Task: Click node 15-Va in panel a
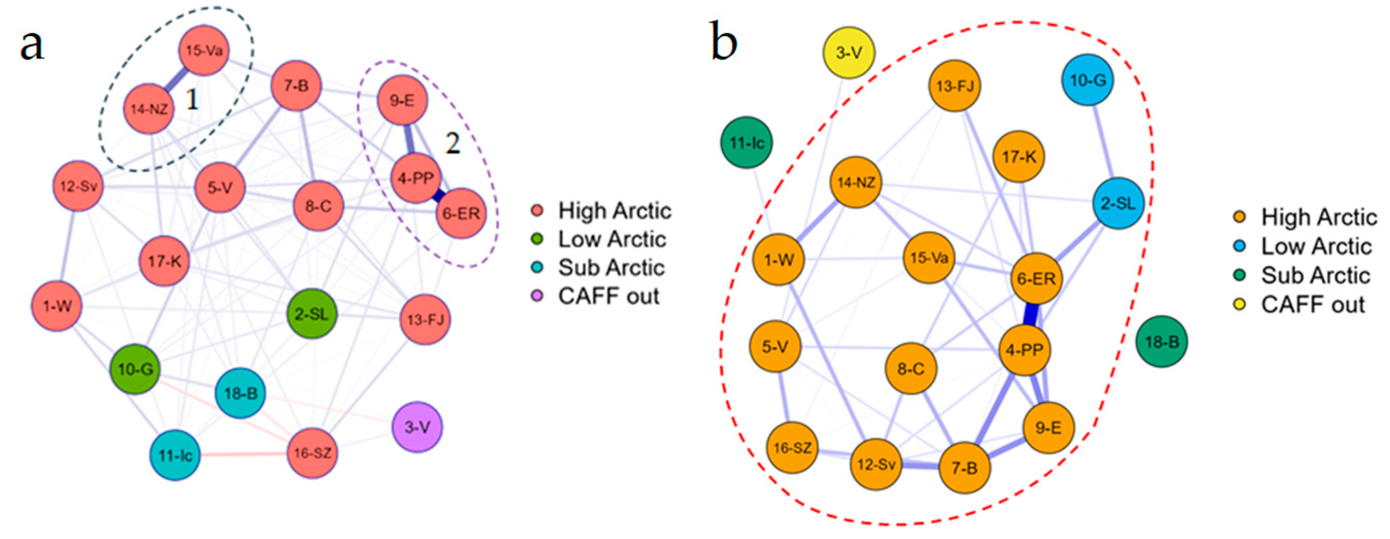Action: pyautogui.click(x=203, y=51)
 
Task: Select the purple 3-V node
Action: pyautogui.click(x=417, y=427)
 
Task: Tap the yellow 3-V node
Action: pyautogui.click(x=849, y=52)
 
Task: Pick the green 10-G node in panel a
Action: pyautogui.click(x=135, y=369)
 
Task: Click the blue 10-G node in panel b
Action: pyautogui.click(x=1088, y=80)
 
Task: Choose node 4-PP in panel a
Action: pyautogui.click(x=416, y=178)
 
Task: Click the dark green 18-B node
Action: pyautogui.click(x=1162, y=341)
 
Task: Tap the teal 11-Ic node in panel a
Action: pyautogui.click(x=175, y=455)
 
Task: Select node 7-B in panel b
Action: pyautogui.click(x=964, y=467)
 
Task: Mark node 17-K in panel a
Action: pyautogui.click(x=164, y=261)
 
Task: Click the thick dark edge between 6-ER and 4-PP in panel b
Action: pyautogui.click(x=1031, y=314)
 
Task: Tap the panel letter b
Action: pyautogui.click(x=723, y=42)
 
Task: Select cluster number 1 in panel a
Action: pyautogui.click(x=192, y=99)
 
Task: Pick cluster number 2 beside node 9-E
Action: pyautogui.click(x=452, y=143)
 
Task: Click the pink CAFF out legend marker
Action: pyautogui.click(x=537, y=296)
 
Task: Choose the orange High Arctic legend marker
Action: pyautogui.click(x=1240, y=217)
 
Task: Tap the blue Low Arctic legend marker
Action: pyautogui.click(x=1240, y=246)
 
